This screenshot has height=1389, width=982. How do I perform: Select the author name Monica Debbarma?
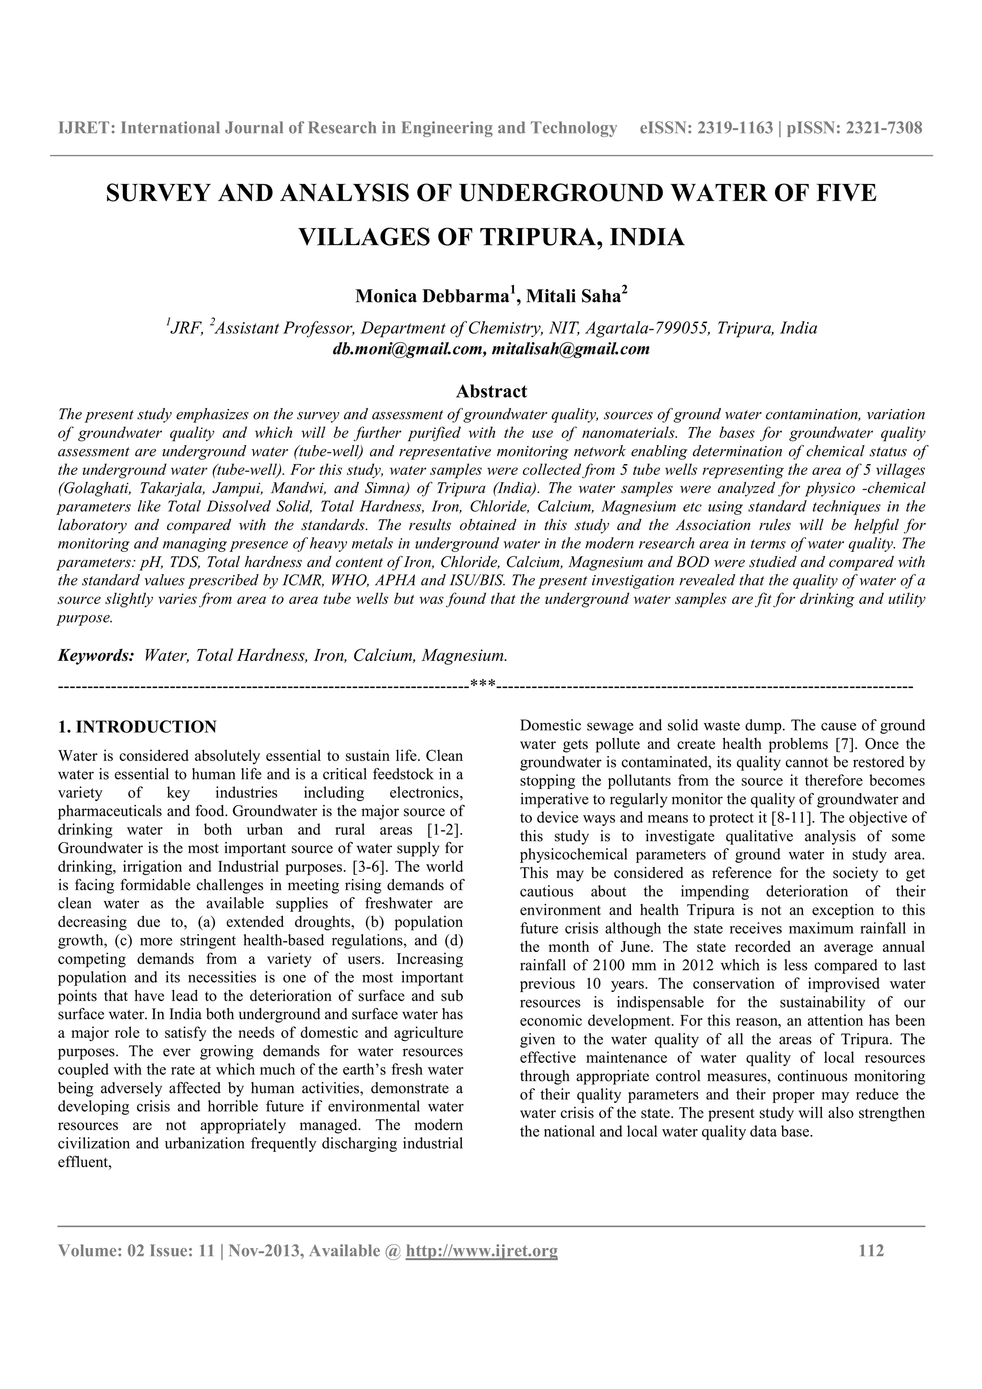430,296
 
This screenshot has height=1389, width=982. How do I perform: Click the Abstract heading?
491,392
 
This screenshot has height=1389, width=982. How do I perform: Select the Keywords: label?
95,656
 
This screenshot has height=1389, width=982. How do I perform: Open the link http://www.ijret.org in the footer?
481,1250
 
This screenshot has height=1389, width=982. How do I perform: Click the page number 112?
871,1250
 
